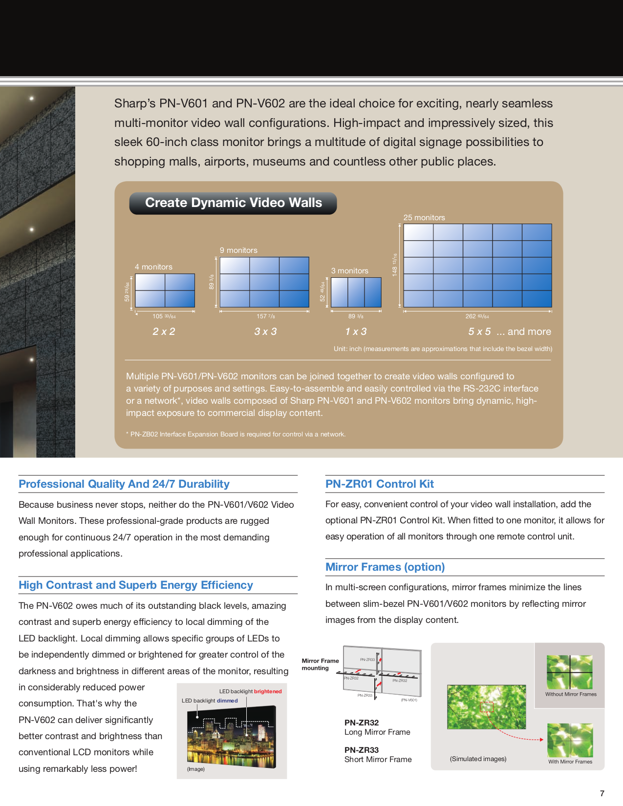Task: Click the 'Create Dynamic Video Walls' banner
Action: click(233, 203)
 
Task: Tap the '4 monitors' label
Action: click(153, 267)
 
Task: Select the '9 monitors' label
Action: click(238, 250)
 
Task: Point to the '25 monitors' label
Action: click(424, 218)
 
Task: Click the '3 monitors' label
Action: click(350, 271)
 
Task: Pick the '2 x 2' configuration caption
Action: click(164, 331)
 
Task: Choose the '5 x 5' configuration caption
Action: click(479, 331)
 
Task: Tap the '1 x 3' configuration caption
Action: click(356, 331)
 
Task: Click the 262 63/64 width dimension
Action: click(477, 316)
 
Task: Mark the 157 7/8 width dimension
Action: click(265, 316)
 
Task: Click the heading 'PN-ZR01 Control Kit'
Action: click(380, 484)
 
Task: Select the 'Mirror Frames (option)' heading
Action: click(385, 567)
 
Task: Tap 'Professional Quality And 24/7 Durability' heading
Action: click(124, 484)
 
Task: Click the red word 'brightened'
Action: click(268, 691)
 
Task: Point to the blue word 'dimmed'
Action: click(227, 701)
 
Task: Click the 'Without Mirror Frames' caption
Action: click(571, 694)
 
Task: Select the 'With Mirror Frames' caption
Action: click(570, 762)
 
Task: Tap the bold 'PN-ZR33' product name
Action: click(362, 750)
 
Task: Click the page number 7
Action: click(602, 793)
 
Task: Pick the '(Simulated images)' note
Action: click(478, 759)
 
